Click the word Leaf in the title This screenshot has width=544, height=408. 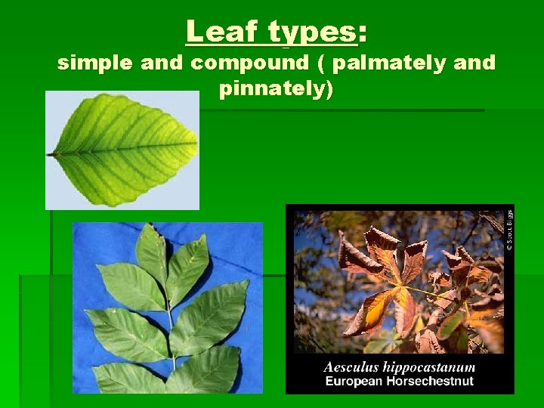(x=218, y=32)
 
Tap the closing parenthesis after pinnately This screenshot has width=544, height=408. (x=329, y=90)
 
